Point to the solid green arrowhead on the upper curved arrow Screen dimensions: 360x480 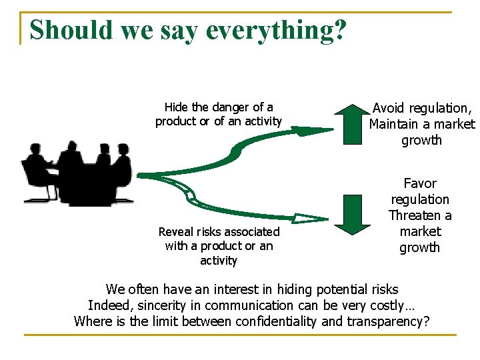[315, 131]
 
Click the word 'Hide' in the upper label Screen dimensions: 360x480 [176, 107]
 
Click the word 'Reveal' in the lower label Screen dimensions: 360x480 [177, 232]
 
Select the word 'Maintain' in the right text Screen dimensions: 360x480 [397, 124]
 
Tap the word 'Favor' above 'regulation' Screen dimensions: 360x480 [420, 183]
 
